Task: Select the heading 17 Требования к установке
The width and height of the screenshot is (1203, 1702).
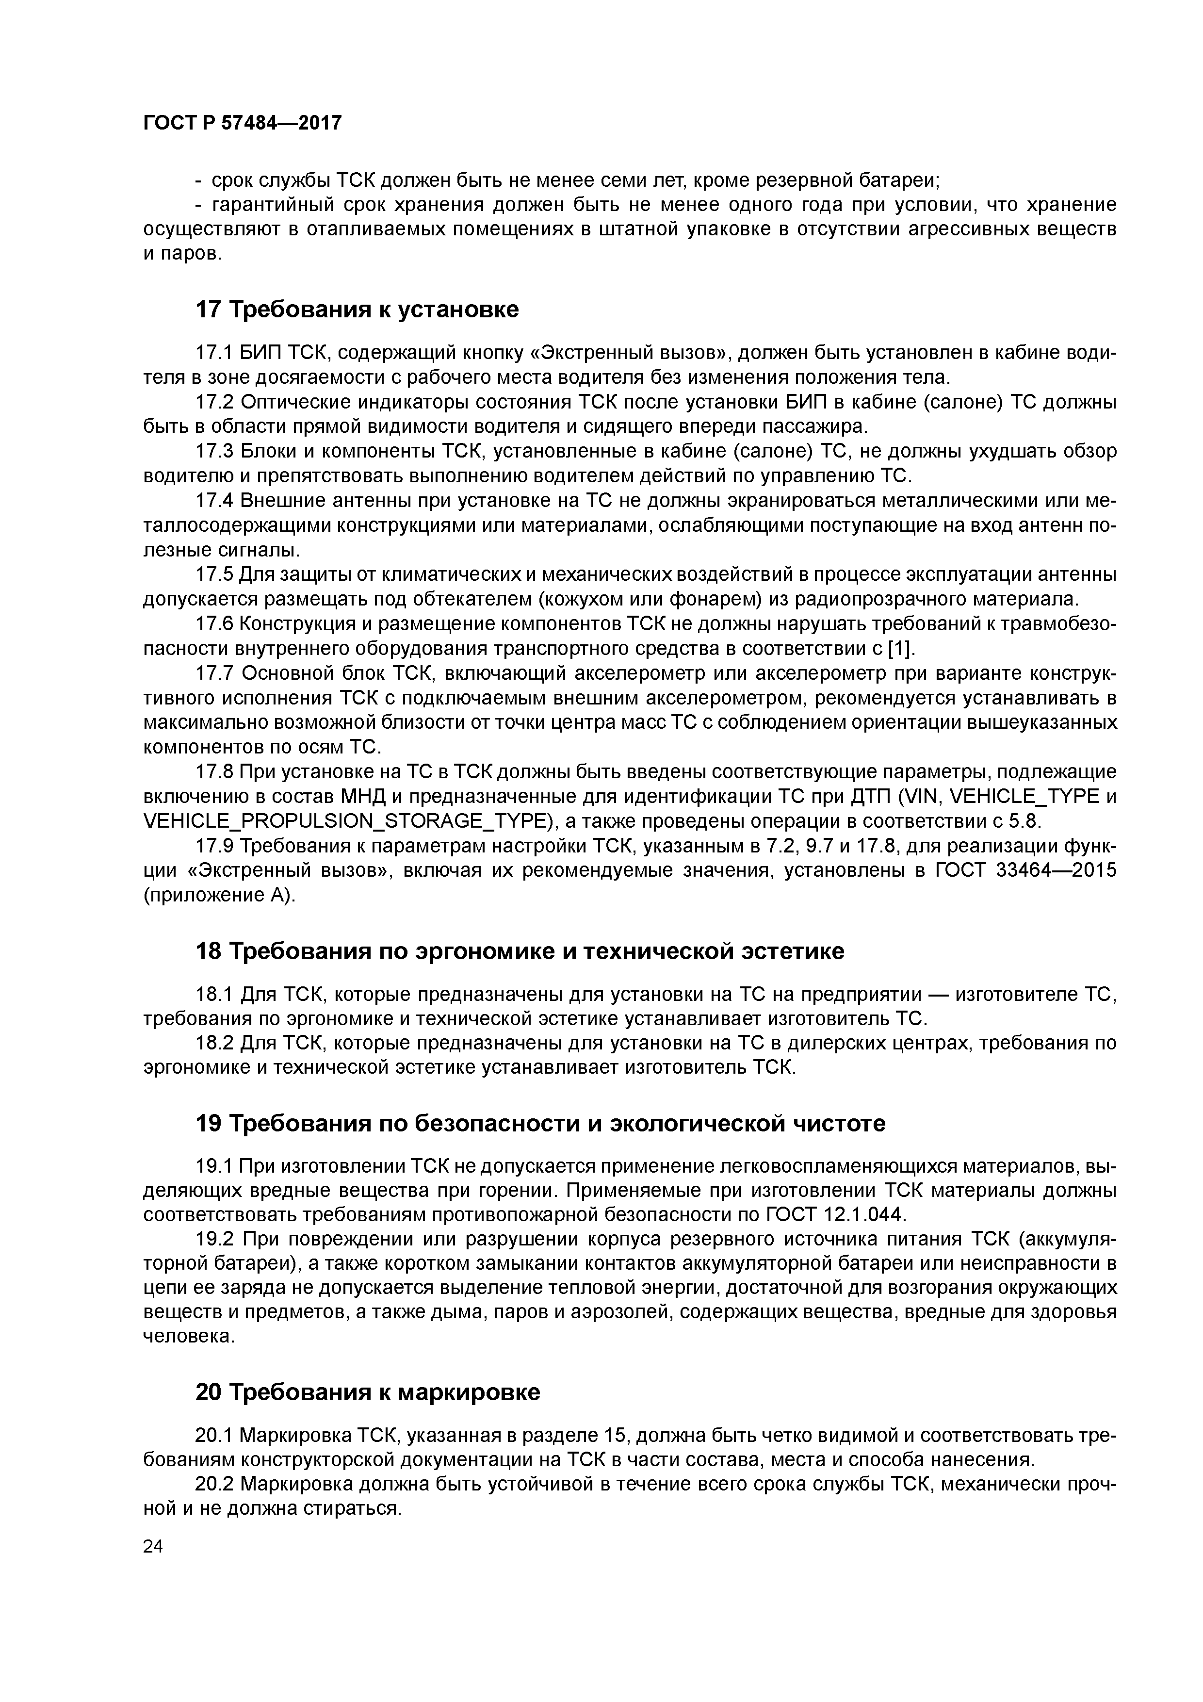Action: pyautogui.click(x=357, y=310)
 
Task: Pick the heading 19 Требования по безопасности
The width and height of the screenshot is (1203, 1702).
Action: pyautogui.click(x=539, y=1124)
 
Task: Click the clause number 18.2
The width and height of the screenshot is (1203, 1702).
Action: pyautogui.click(x=213, y=1043)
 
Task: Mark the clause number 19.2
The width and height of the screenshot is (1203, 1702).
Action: pyautogui.click(x=213, y=1240)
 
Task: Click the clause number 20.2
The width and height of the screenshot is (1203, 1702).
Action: pyautogui.click(x=213, y=1485)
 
